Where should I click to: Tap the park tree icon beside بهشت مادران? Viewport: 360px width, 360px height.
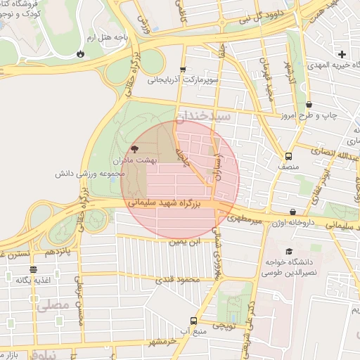(134, 149)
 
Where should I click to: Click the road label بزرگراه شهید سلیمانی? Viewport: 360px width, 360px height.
(172, 202)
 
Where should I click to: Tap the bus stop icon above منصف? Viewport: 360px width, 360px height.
(288, 156)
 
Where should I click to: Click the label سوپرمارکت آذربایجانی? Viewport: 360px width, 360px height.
(184, 80)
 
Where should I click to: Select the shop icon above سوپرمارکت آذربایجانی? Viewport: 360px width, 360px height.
(183, 70)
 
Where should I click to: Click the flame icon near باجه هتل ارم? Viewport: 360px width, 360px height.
(81, 53)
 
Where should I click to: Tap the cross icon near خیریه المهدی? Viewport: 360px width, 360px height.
(342, 54)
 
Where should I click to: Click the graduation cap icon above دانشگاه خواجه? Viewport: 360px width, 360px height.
(288, 252)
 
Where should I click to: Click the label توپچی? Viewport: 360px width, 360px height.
(224, 326)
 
